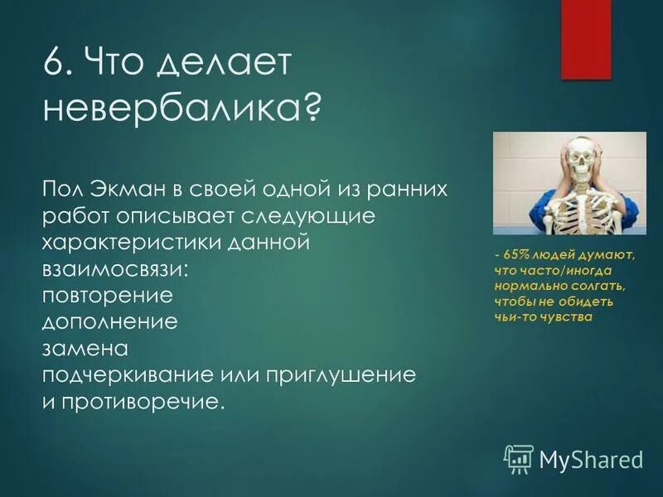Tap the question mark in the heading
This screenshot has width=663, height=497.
[x=312, y=108]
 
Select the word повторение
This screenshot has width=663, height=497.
[x=107, y=296]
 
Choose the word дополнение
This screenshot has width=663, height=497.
[x=109, y=322]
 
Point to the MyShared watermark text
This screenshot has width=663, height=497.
[x=591, y=458]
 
